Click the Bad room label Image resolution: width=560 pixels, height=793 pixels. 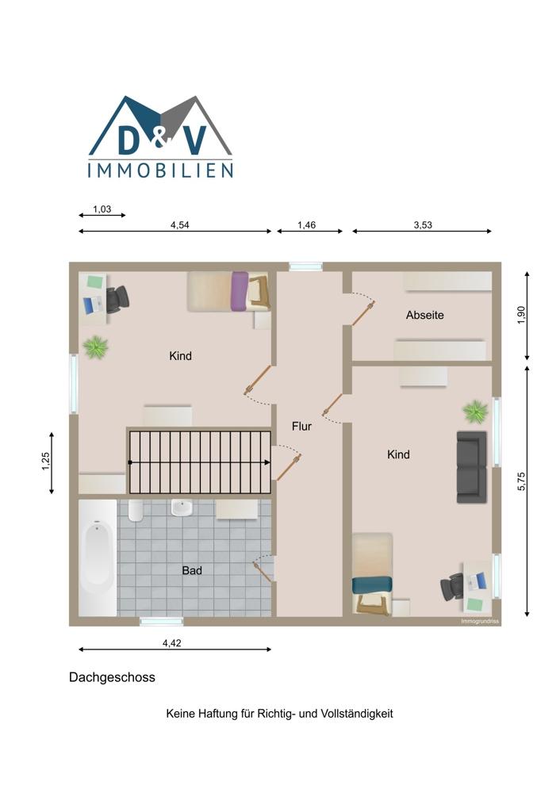point(192,570)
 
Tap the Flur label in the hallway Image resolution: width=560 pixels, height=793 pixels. point(301,427)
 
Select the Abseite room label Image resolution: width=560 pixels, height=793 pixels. point(425,315)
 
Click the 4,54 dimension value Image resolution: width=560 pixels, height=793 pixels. point(179,225)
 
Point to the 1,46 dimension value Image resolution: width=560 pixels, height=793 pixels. point(306,225)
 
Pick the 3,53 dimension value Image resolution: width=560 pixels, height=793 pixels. point(423,225)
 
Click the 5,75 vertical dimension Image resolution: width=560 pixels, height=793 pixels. point(522,481)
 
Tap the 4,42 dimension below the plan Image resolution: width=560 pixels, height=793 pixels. point(171,643)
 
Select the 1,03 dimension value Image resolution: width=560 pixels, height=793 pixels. point(102,209)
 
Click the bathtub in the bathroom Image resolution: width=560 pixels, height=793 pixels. point(98,557)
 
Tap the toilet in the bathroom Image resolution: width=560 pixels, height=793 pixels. point(136,510)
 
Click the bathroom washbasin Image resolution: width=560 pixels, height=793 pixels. point(181,508)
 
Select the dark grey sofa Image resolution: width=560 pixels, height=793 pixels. point(471,467)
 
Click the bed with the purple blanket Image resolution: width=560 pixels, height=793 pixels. point(228,291)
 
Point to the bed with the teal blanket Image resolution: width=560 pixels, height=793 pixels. point(372,574)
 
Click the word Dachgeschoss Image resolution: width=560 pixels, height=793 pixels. point(113,678)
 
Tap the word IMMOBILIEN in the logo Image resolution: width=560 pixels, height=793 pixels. point(160,170)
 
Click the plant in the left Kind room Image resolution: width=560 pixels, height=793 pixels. point(96,347)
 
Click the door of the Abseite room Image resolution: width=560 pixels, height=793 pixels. point(362,313)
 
